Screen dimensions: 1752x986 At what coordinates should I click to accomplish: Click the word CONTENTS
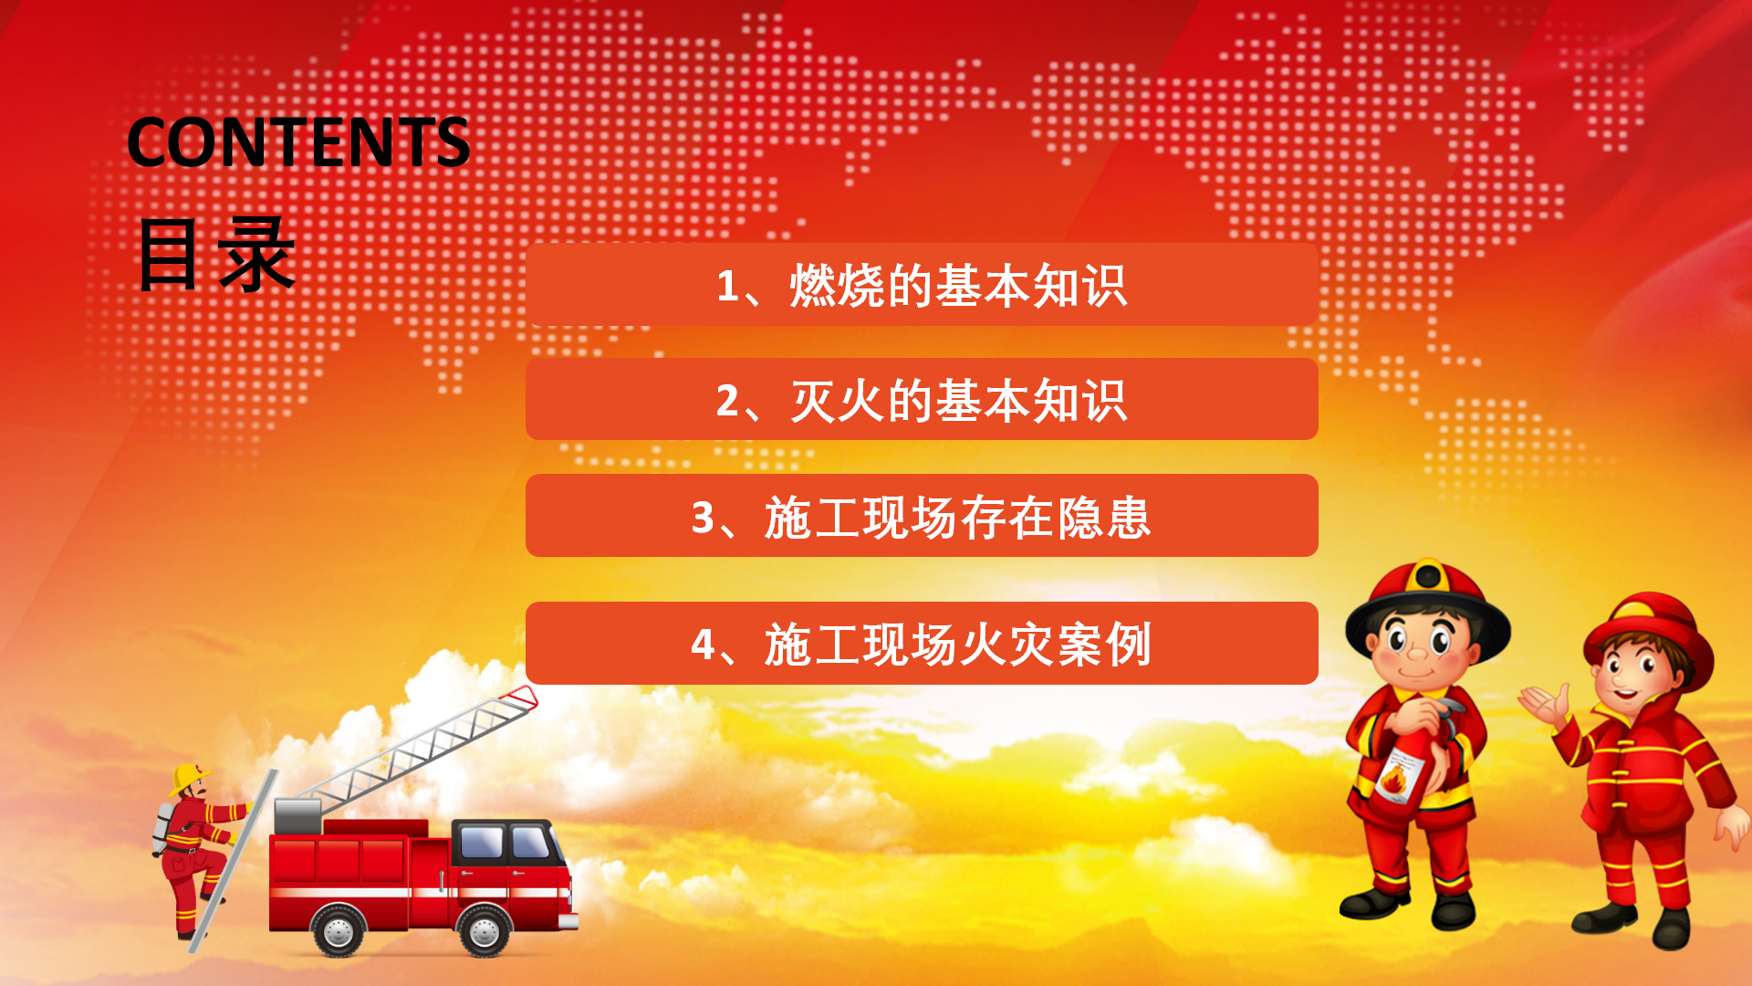[x=298, y=142]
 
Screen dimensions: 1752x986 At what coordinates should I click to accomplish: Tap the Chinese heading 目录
[x=216, y=255]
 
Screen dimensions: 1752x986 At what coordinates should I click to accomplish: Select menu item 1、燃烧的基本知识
[x=922, y=285]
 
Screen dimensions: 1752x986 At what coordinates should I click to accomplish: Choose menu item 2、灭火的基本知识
[x=922, y=400]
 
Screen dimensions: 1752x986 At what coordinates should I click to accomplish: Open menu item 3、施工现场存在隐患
[x=922, y=516]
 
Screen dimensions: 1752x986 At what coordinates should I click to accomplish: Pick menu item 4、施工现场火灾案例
[x=922, y=643]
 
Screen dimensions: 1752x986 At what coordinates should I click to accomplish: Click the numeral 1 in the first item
[x=727, y=286]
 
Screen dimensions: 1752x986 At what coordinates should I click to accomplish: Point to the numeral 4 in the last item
[x=703, y=645]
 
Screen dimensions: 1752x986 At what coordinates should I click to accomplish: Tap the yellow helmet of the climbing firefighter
[x=188, y=778]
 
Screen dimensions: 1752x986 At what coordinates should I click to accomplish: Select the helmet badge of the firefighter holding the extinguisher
[x=1428, y=577]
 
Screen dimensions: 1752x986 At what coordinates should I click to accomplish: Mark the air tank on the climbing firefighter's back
[x=163, y=828]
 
